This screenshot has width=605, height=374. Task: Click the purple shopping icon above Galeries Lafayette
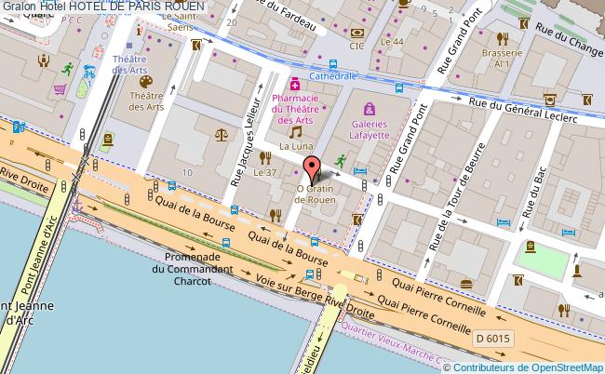370,109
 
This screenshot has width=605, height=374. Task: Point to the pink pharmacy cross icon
295,84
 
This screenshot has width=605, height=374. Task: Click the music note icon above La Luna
295,132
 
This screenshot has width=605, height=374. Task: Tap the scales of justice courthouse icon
221,134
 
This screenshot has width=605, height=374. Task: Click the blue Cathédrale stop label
333,77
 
